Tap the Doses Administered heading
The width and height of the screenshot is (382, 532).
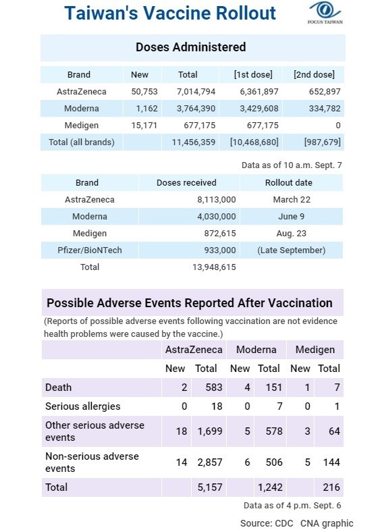tap(190, 47)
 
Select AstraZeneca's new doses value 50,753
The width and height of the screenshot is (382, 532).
tap(144, 92)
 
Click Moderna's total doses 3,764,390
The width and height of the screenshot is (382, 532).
tap(196, 109)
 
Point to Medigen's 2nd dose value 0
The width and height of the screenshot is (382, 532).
tap(338, 126)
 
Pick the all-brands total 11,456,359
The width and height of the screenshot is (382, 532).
tap(194, 142)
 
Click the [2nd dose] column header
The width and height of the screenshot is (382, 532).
tap(314, 75)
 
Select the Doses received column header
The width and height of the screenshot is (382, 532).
tap(186, 182)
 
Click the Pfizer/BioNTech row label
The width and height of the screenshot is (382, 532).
tap(90, 250)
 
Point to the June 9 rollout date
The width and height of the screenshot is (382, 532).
tap(291, 217)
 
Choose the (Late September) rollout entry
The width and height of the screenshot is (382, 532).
tap(291, 250)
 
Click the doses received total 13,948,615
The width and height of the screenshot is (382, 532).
tap(214, 267)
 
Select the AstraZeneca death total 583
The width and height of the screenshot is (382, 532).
tap(214, 388)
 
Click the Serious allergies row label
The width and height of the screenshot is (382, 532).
tap(83, 406)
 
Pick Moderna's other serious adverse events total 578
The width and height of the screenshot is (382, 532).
tap(273, 431)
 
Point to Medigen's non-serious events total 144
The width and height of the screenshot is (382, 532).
tap(331, 462)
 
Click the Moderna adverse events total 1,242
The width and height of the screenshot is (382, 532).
tap(270, 487)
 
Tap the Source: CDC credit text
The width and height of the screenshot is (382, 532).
tap(267, 523)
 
